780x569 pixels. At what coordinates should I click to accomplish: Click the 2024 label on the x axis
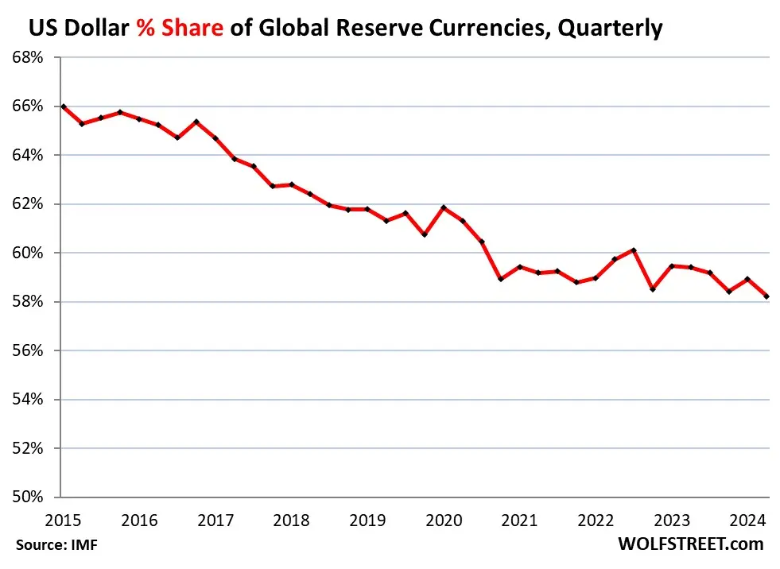[748, 521]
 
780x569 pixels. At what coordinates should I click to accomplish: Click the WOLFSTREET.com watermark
[690, 544]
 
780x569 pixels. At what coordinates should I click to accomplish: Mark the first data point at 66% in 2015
[63, 106]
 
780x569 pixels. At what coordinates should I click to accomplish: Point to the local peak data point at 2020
[444, 207]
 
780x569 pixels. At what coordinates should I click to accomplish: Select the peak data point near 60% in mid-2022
[633, 250]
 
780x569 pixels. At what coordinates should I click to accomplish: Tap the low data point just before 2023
[653, 289]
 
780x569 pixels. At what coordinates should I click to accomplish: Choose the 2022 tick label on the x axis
[596, 521]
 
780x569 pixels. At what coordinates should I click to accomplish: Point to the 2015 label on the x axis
[63, 521]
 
